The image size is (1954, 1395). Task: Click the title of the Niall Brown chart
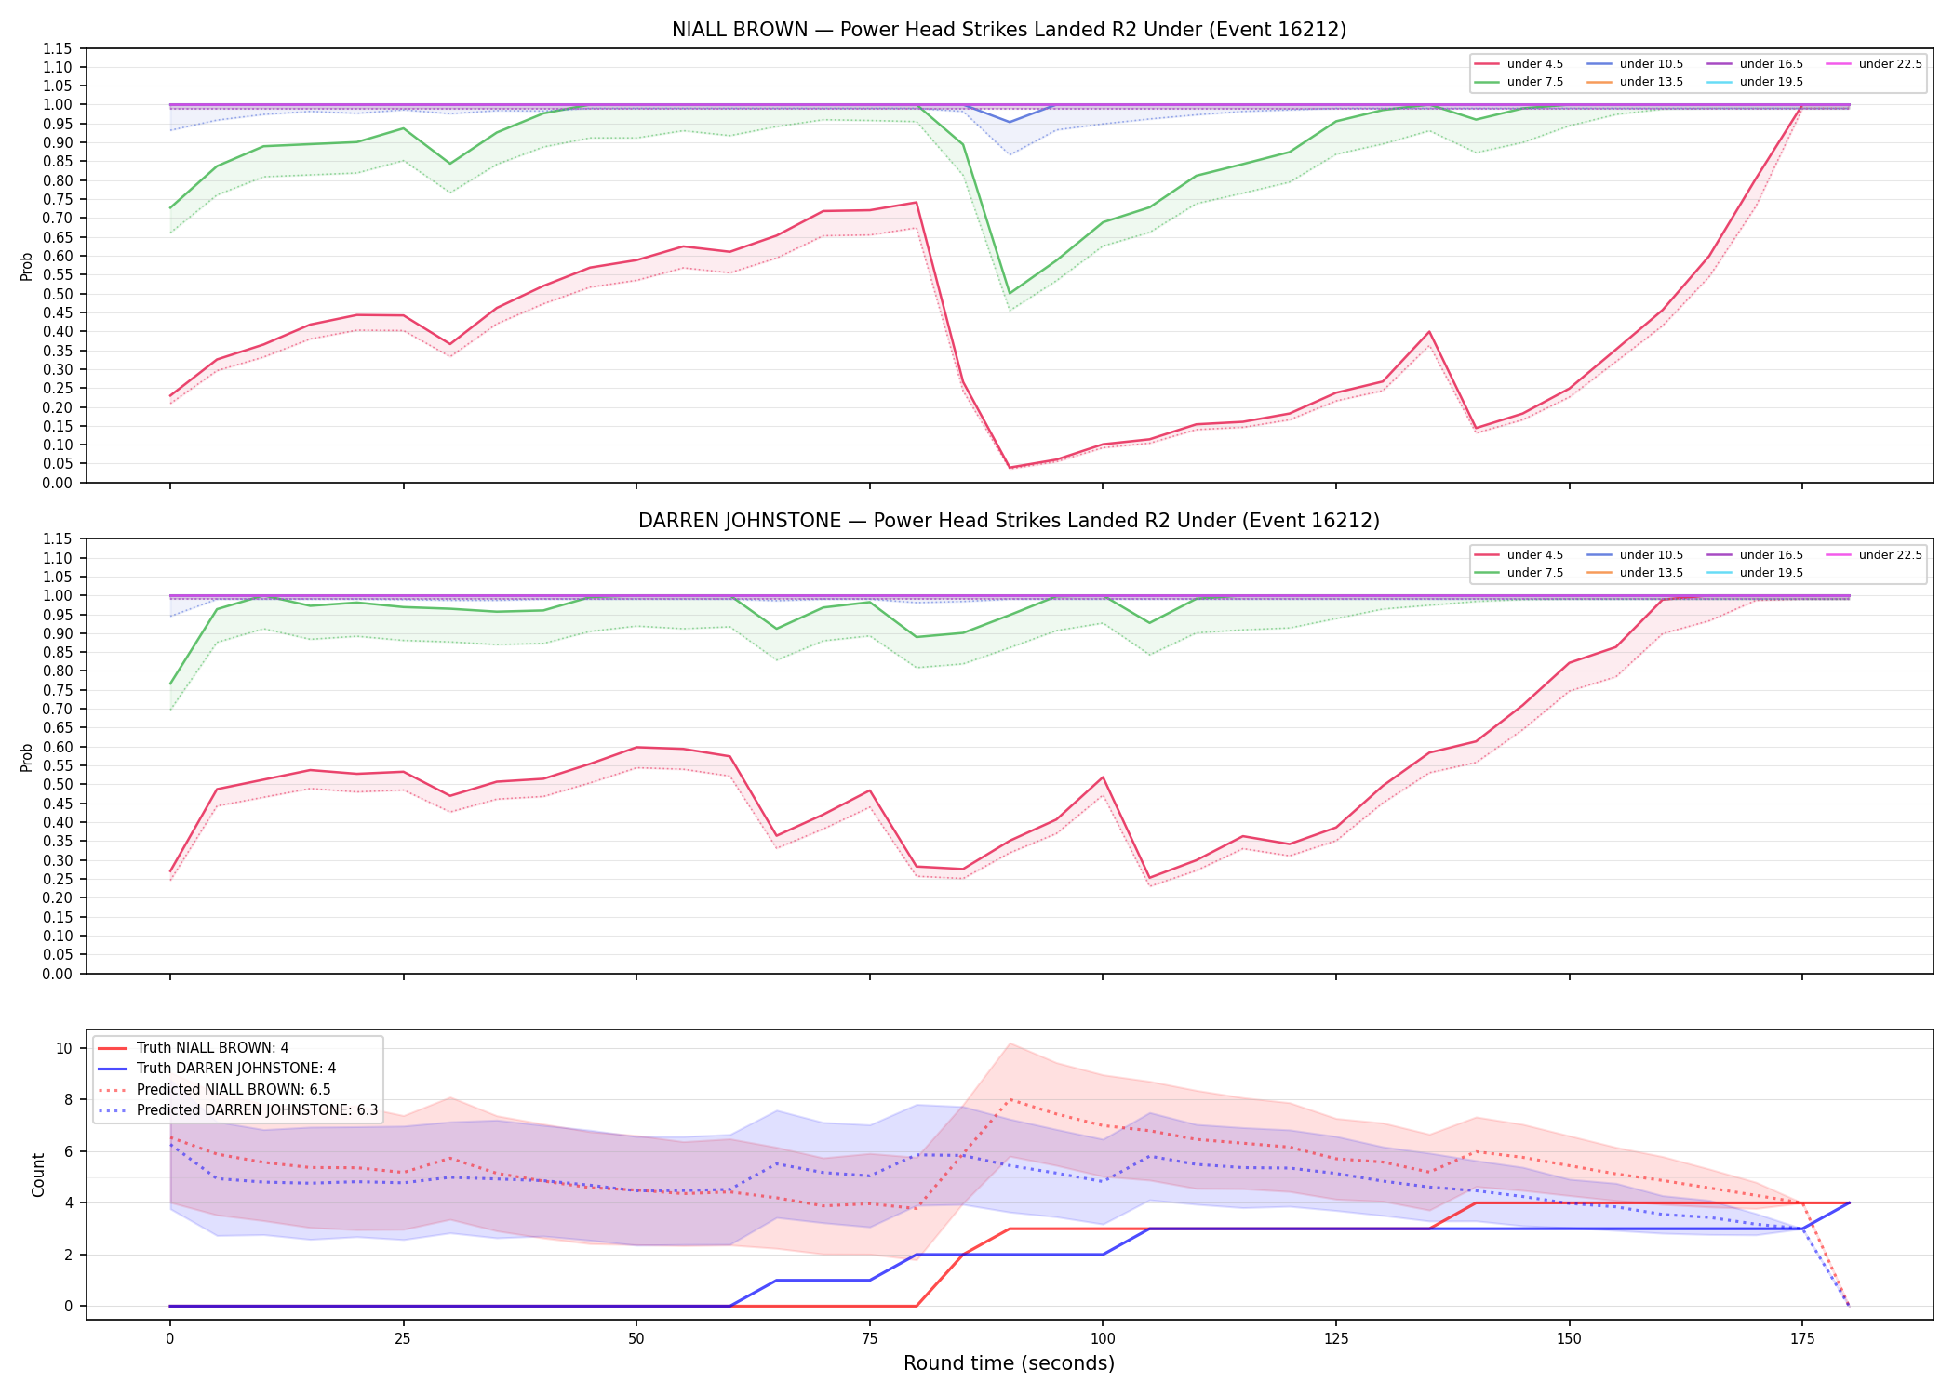point(1009,30)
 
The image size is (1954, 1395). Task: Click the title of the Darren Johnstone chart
point(1009,521)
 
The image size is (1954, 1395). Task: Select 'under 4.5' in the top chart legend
point(1535,64)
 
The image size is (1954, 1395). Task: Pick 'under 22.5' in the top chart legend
point(1891,64)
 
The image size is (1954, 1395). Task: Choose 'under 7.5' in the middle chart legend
point(1535,573)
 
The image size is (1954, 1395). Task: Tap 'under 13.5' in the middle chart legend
point(1652,573)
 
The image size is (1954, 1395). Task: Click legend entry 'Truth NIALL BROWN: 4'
point(212,1048)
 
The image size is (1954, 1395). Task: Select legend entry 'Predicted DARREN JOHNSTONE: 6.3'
point(257,1110)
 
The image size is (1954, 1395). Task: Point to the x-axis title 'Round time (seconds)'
point(1009,1363)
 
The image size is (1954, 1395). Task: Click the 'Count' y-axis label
point(38,1175)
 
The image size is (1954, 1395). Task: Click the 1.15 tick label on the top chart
point(58,48)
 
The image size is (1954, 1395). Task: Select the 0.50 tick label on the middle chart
point(58,784)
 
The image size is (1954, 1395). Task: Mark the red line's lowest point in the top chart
point(1010,467)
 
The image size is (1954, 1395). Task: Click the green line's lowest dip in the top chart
point(1010,294)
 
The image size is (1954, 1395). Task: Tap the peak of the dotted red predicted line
point(1010,1099)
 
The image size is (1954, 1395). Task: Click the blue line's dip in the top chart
point(1010,122)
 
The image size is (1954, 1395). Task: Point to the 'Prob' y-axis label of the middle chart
point(27,757)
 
